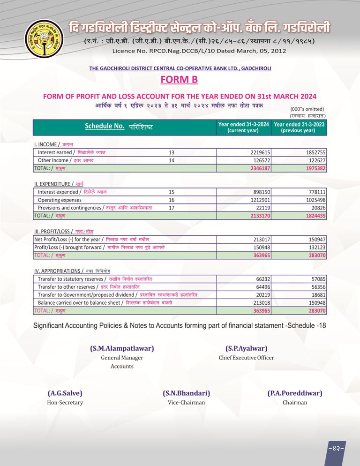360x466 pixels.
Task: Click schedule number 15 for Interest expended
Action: pos(171,192)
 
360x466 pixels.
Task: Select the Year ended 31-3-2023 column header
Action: pos(299,128)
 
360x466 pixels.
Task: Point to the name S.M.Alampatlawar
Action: pos(122,348)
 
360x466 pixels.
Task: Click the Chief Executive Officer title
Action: pos(246,358)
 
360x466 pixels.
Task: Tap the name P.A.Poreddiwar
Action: pos(294,393)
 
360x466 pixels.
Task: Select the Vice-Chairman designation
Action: pos(186,403)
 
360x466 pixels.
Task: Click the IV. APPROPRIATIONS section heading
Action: pos(57,271)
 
